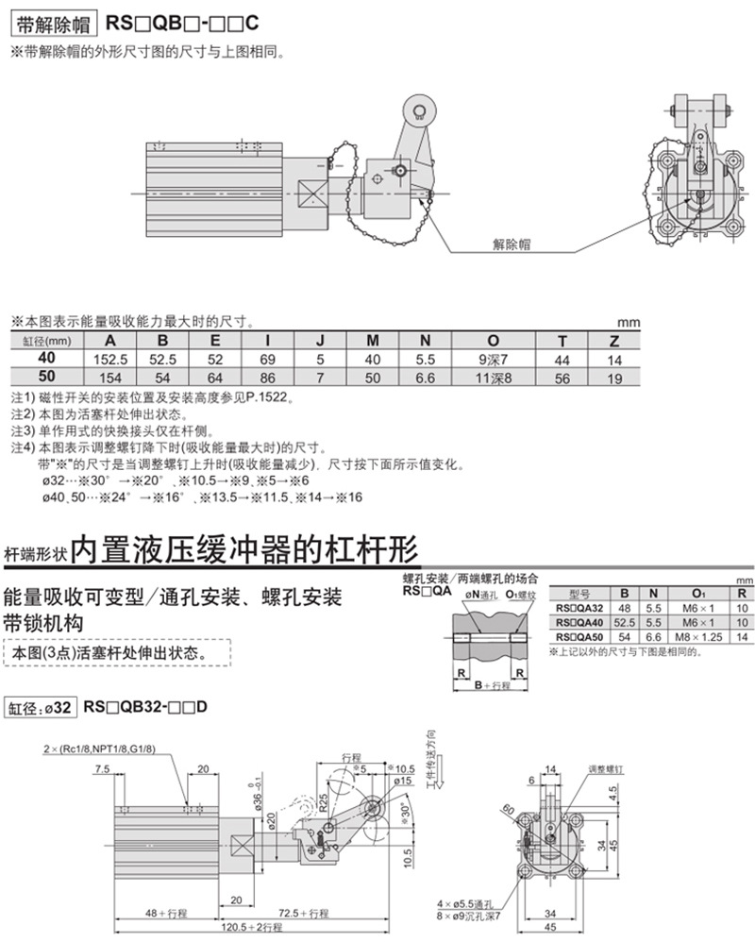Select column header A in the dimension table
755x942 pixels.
tap(110, 342)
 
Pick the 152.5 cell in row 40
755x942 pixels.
tap(110, 360)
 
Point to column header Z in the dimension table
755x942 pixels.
tap(614, 342)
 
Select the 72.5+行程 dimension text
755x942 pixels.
tap(305, 913)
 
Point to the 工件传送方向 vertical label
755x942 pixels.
tap(432, 756)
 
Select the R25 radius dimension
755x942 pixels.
tap(322, 801)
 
